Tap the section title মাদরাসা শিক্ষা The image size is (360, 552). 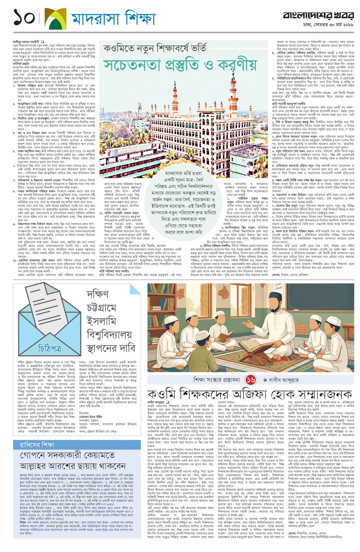[113, 18]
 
